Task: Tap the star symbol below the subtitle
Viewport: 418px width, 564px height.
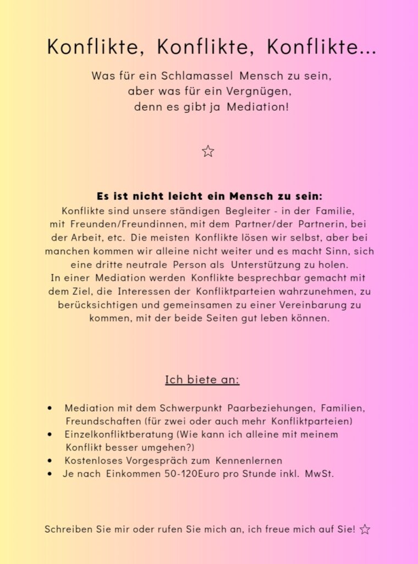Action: click(208, 151)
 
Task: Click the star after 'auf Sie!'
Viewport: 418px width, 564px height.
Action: click(365, 530)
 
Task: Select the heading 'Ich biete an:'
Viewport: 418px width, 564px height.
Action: click(202, 380)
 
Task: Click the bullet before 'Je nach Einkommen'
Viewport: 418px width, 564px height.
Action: click(50, 473)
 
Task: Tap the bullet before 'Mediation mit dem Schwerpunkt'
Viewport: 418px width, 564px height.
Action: click(50, 408)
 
